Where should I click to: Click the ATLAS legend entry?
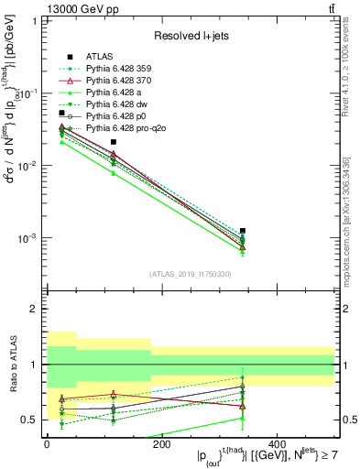click(100, 56)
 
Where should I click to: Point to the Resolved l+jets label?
click(188, 35)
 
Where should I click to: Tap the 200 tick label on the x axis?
click(162, 443)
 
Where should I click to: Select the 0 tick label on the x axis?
click(47, 443)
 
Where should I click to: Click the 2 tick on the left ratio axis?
click(36, 310)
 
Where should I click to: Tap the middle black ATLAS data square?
click(113, 142)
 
